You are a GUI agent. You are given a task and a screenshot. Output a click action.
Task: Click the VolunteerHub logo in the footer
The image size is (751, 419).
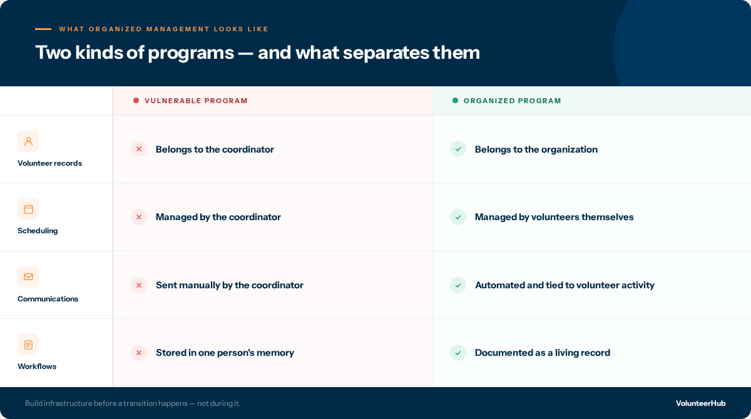click(x=700, y=403)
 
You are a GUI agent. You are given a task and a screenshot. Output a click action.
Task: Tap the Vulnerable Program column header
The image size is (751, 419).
click(x=196, y=101)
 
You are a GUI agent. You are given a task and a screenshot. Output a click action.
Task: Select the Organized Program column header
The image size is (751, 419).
click(x=512, y=101)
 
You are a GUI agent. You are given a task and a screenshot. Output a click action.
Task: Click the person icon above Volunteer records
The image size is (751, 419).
click(x=28, y=141)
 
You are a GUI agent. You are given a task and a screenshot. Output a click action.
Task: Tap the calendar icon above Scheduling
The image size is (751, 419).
click(x=28, y=209)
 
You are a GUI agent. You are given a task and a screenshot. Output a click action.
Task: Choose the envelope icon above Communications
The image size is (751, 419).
click(x=28, y=277)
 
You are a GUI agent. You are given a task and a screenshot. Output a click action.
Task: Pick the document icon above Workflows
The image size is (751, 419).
click(x=28, y=345)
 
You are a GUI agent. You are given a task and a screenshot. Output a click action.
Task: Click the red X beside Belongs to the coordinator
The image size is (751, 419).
click(x=139, y=149)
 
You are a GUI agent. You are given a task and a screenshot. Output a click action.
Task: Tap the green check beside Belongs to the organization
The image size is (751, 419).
click(x=458, y=149)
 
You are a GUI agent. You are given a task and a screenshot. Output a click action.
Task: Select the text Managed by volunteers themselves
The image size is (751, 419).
click(x=554, y=217)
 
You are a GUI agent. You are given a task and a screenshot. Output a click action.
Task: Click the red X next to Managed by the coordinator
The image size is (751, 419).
click(x=139, y=217)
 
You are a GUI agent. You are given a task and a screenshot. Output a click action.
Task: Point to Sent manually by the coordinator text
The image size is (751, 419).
click(x=229, y=285)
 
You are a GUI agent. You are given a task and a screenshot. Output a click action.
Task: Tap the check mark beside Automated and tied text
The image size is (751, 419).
click(x=458, y=285)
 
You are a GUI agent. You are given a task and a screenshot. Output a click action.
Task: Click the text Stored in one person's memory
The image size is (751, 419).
click(x=225, y=353)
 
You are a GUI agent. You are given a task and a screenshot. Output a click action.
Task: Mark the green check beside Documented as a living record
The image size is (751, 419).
click(x=458, y=353)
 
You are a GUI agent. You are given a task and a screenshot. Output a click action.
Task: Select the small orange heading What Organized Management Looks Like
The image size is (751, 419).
click(x=163, y=29)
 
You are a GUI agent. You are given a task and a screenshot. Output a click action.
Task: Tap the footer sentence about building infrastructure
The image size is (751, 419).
click(x=133, y=403)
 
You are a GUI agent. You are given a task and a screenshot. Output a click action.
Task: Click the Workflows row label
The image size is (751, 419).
click(x=37, y=366)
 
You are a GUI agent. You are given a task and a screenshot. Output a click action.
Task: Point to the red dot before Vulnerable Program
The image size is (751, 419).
click(x=136, y=101)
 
